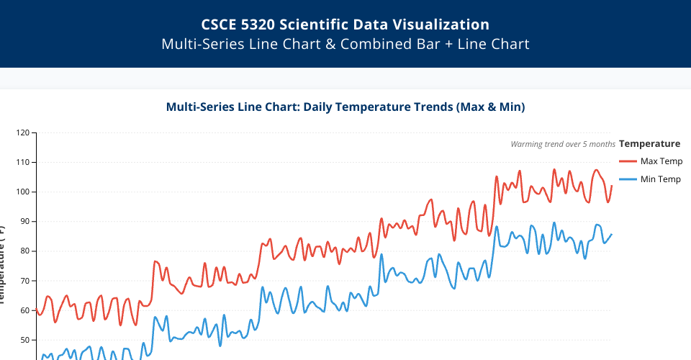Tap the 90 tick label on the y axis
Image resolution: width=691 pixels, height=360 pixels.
pyautogui.click(x=26, y=222)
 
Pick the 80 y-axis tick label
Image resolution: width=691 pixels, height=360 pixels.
pyautogui.click(x=26, y=251)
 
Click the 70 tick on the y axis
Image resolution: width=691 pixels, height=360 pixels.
pyautogui.click(x=26, y=281)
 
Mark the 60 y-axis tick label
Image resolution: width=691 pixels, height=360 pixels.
pyautogui.click(x=26, y=310)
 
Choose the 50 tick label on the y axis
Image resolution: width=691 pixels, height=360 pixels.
pyautogui.click(x=26, y=340)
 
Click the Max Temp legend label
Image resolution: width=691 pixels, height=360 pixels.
pyautogui.click(x=661, y=161)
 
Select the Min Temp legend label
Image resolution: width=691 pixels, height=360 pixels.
pyautogui.click(x=660, y=179)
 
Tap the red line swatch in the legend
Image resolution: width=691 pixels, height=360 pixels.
pyautogui.click(x=628, y=161)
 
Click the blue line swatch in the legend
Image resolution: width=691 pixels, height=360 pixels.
pyautogui.click(x=628, y=179)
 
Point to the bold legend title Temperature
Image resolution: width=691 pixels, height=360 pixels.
pyautogui.click(x=649, y=143)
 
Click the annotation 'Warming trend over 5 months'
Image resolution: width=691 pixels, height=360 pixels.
pyautogui.click(x=563, y=144)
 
